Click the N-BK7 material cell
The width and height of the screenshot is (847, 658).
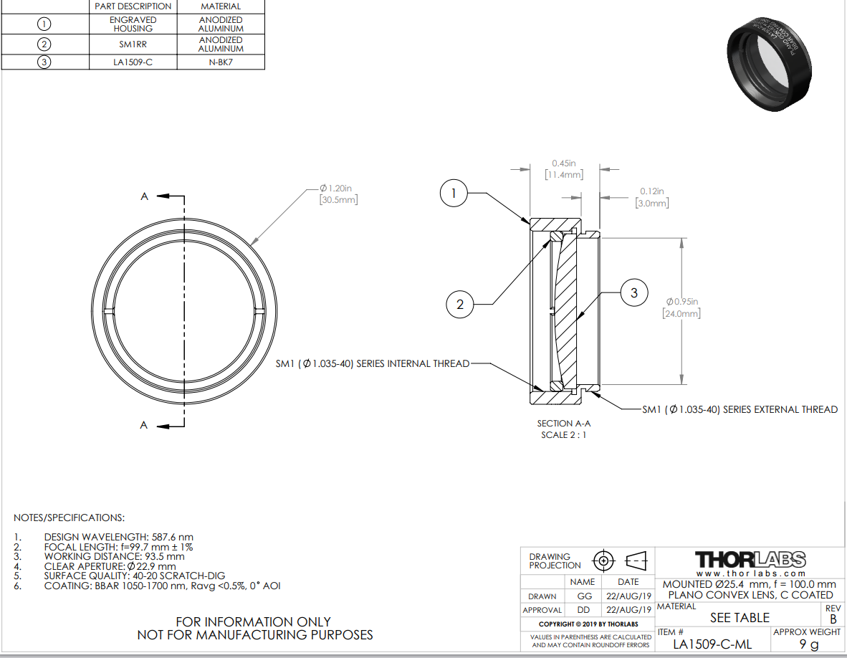click(x=221, y=62)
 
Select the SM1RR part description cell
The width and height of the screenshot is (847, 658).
click(x=133, y=44)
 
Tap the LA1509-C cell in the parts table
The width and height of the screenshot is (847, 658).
click(x=133, y=62)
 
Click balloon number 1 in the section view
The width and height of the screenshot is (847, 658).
click(x=453, y=194)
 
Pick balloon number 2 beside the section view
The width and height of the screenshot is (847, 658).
click(x=460, y=304)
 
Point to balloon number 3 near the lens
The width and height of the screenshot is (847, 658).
click(x=634, y=293)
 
